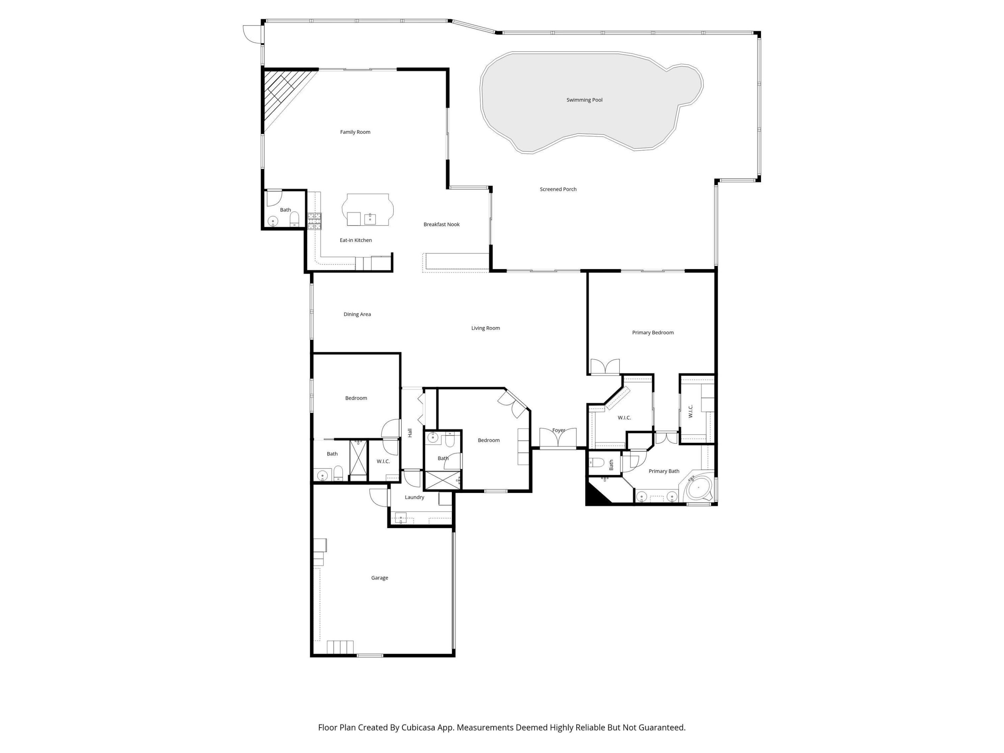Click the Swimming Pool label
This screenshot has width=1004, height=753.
pos(584,100)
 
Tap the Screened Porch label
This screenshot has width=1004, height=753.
pos(558,189)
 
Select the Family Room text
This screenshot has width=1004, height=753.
pos(355,132)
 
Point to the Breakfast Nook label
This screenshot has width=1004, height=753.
pos(441,224)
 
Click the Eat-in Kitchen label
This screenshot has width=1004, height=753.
pos(355,240)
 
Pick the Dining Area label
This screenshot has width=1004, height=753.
pos(357,314)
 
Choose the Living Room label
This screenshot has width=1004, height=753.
pos(485,328)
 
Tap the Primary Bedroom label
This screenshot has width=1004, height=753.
pos(652,333)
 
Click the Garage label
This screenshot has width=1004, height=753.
pos(379,578)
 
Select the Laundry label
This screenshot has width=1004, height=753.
pos(414,497)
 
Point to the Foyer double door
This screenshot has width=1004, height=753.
pos(558,439)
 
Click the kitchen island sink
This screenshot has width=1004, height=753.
pos(370,219)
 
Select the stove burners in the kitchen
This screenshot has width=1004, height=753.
pos(314,221)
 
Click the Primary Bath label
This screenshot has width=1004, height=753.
pos(664,471)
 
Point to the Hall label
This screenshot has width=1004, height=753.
pos(410,433)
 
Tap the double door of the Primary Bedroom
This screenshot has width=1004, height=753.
pos(604,367)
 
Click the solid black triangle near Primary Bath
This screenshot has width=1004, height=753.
pos(595,496)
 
